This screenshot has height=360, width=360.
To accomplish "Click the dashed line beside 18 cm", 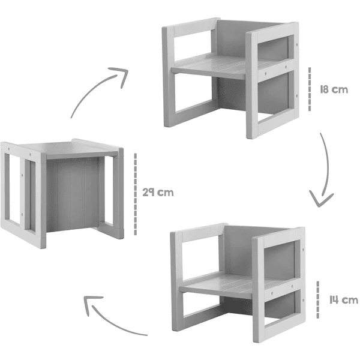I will pos(310,90).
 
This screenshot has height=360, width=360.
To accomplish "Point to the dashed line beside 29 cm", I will pos(136,193).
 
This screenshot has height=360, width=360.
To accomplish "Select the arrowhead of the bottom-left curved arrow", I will pos(91,307).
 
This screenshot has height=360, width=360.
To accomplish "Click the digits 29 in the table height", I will pos(150,193).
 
